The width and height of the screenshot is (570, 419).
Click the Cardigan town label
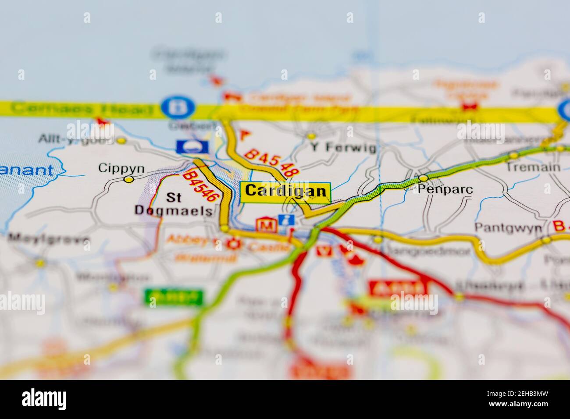(285, 191)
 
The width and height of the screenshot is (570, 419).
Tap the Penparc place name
(439, 189)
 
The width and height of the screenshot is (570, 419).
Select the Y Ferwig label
(343, 148)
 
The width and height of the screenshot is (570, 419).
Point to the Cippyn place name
(115, 168)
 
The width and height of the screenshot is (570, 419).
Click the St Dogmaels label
(173, 204)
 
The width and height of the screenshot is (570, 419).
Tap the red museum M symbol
(267, 225)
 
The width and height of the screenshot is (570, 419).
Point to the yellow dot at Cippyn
(128, 179)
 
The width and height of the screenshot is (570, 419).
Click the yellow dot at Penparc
(423, 178)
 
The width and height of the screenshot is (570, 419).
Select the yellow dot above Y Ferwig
(311, 136)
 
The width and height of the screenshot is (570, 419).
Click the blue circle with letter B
(177, 107)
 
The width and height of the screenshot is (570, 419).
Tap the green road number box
(174, 297)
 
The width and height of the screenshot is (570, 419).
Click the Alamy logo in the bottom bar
(46, 399)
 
